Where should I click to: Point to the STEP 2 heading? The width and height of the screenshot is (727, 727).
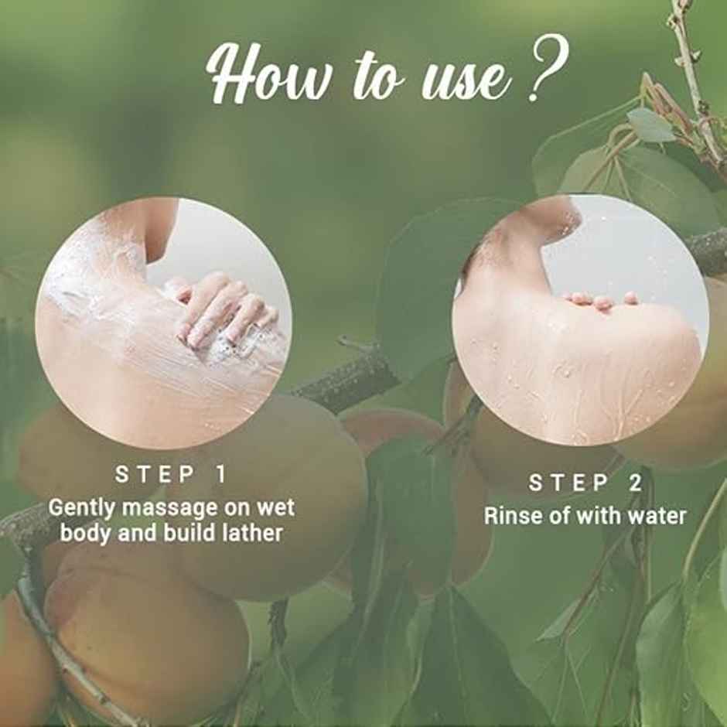click(585, 483)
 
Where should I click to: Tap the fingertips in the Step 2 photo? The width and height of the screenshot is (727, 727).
click(599, 300)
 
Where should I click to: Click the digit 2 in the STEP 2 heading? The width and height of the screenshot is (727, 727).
click(636, 483)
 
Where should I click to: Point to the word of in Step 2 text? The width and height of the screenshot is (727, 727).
click(555, 516)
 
